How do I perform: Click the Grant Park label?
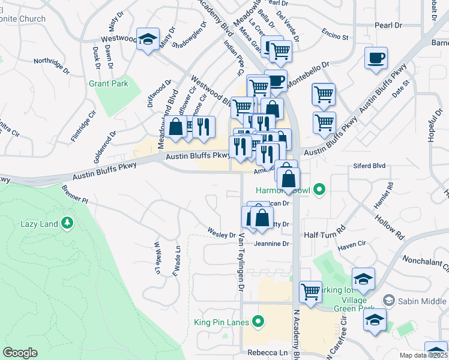click(x=109, y=84)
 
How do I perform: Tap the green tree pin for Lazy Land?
click(x=68, y=224)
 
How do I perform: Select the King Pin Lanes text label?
click(x=221, y=323)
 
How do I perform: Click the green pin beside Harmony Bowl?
click(x=320, y=191)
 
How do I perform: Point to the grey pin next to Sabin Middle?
click(x=389, y=299)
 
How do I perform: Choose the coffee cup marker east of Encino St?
click(x=376, y=59)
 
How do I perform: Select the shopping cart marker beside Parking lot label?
click(x=310, y=293)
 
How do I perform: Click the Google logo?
click(x=20, y=353)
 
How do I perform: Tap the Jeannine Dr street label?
click(x=272, y=244)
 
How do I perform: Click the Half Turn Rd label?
click(x=325, y=229)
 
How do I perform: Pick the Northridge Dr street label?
click(x=52, y=61)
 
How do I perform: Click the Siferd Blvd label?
click(x=370, y=166)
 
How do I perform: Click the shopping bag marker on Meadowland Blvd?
click(x=176, y=128)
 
